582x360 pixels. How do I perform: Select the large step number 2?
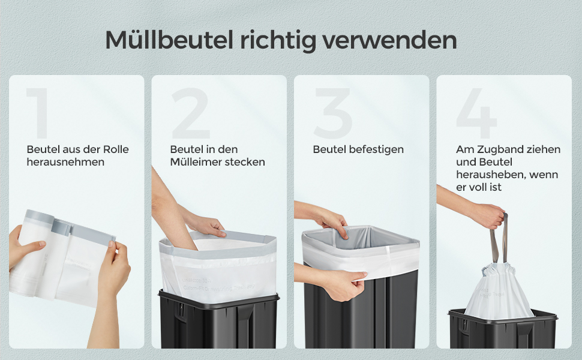click(x=190, y=113)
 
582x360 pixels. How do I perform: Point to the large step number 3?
click(x=333, y=113)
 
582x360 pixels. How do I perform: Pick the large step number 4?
click(x=476, y=113)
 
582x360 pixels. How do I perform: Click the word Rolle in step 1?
click(x=115, y=149)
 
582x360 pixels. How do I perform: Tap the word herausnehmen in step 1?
click(x=65, y=162)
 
